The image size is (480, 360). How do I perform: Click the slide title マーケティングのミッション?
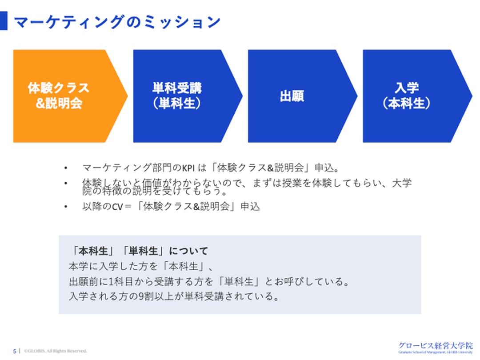[117, 21]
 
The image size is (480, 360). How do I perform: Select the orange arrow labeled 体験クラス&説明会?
[62, 96]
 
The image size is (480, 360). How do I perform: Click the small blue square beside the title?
[4, 21]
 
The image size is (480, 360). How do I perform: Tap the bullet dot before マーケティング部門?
[66, 168]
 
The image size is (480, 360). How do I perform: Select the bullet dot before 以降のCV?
[66, 207]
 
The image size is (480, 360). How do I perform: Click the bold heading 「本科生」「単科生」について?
[139, 251]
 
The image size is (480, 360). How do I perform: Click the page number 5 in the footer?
[14, 351]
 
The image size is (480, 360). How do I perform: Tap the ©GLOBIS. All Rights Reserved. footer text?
[55, 351]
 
